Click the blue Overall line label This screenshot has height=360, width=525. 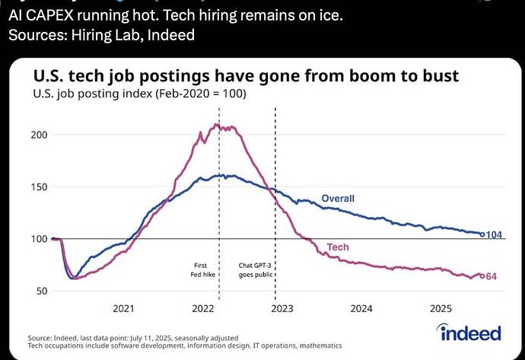(x=338, y=199)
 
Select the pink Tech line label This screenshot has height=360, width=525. (x=338, y=247)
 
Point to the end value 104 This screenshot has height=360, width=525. (x=494, y=234)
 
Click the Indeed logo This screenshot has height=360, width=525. (x=470, y=333)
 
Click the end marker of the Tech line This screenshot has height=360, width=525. (x=482, y=276)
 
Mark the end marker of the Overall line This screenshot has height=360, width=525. (x=482, y=234)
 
